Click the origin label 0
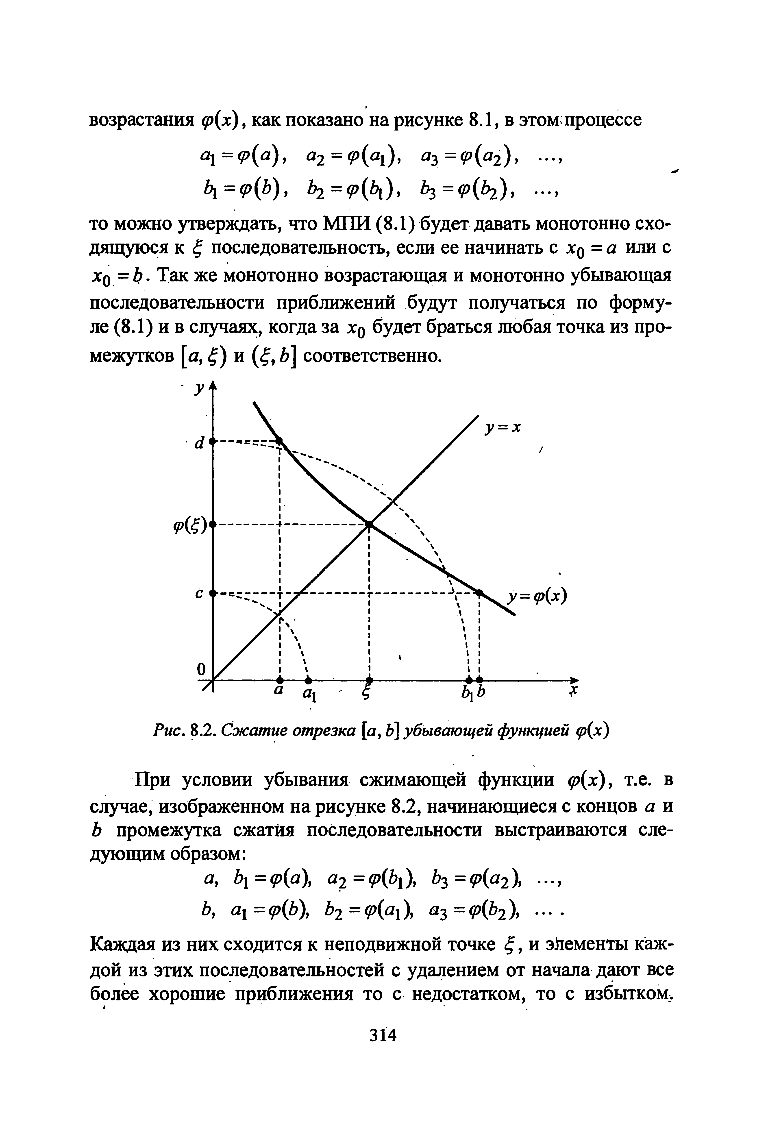click(200, 669)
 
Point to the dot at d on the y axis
click(213, 442)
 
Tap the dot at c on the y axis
click(213, 593)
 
